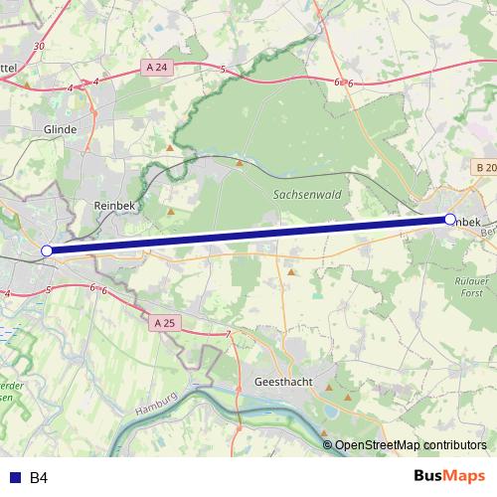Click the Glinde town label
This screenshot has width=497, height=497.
click(x=60, y=129)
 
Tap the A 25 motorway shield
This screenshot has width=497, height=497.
click(x=165, y=323)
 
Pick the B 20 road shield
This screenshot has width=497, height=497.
click(x=485, y=168)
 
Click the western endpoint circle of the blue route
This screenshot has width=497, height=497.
click(x=47, y=250)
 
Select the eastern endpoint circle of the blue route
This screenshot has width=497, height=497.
click(x=449, y=219)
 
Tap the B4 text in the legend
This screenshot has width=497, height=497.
click(x=39, y=478)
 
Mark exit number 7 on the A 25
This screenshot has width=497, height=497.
click(x=228, y=333)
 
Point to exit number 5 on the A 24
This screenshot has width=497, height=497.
click(x=224, y=70)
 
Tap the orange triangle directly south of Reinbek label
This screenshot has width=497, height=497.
click(x=171, y=211)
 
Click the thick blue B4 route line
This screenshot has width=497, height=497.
click(x=248, y=235)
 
